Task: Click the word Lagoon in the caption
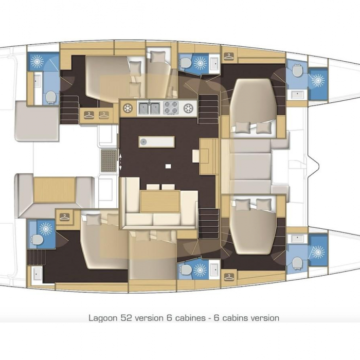click(x=102, y=318)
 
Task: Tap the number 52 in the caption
click(x=126, y=318)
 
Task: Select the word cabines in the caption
click(x=190, y=318)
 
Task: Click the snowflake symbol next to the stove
click(x=189, y=108)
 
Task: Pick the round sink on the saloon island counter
click(x=143, y=142)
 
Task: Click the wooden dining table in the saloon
click(x=160, y=202)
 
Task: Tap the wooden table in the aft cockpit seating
click(x=55, y=190)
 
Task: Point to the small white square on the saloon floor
click(x=168, y=166)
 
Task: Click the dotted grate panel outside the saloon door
click(x=109, y=160)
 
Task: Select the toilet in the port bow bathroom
click(x=297, y=70)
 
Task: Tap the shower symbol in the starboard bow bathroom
click(x=318, y=252)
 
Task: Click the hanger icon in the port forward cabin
click(x=228, y=56)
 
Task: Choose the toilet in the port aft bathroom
click(x=50, y=97)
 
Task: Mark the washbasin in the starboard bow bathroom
click(x=298, y=239)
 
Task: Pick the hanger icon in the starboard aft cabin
click(x=64, y=217)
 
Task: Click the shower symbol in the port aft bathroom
click(x=37, y=61)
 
